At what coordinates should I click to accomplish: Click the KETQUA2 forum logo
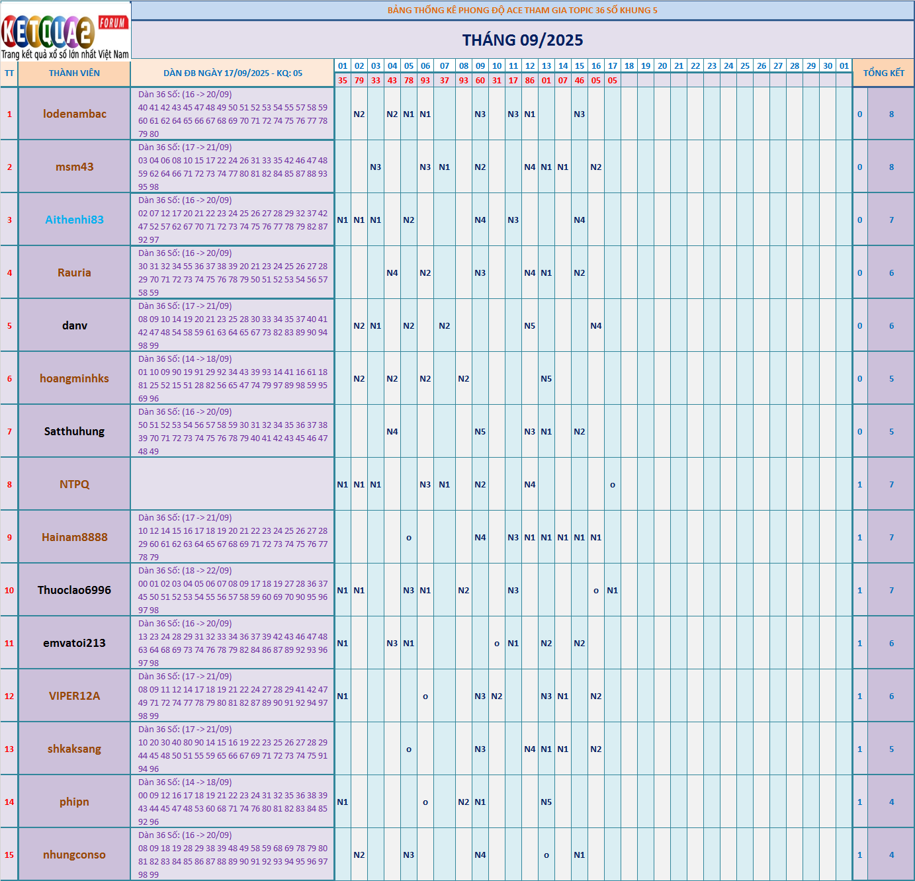65,30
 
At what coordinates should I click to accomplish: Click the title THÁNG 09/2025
523,40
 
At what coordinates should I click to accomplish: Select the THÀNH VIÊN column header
74,73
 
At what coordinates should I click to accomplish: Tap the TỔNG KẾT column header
883,73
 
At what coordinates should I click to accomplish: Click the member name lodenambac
74,114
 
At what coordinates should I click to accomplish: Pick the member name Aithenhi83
74,220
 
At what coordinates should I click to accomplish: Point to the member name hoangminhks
74,378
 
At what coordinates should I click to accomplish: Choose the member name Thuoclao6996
74,590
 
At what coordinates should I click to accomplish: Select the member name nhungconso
74,855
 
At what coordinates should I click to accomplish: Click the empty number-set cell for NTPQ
232,484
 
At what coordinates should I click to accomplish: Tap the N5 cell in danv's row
530,325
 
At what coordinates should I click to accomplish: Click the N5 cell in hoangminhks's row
546,378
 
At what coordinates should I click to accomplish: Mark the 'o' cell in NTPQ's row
613,485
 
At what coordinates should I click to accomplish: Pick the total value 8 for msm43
891,167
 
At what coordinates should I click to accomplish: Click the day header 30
828,66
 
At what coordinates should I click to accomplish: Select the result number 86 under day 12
530,81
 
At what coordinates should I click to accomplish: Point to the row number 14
9,802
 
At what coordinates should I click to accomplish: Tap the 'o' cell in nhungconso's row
546,855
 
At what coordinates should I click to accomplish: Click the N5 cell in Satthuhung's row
480,431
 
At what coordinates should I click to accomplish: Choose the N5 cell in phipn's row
546,802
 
